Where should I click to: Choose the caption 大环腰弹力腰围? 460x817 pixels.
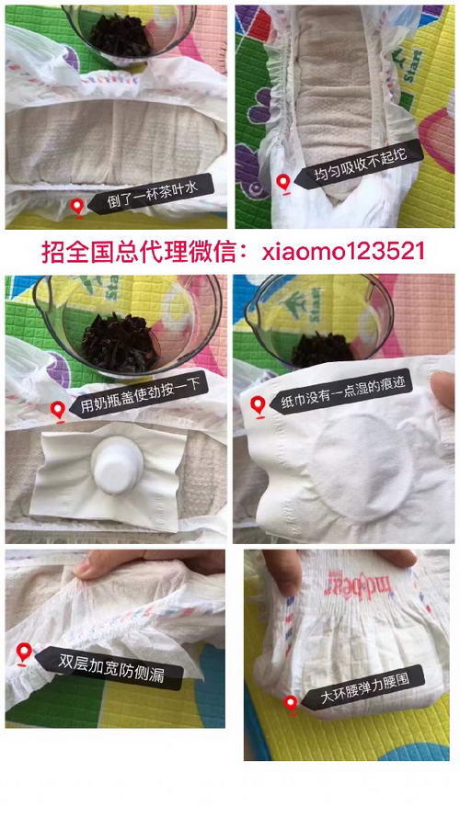[365, 687]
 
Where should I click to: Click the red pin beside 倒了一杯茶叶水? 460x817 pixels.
[77, 209]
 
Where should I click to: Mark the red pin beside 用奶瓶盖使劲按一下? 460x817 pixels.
[59, 411]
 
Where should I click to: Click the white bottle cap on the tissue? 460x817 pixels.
[118, 462]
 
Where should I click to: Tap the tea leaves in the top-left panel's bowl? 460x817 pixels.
[121, 35]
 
